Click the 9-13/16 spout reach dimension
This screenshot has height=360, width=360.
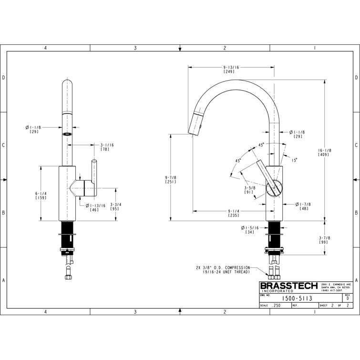click(231, 68)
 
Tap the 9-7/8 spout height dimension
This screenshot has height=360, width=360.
click(171, 177)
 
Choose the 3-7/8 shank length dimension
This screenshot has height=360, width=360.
click(324, 239)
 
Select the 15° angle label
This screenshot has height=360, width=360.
click(295, 160)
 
